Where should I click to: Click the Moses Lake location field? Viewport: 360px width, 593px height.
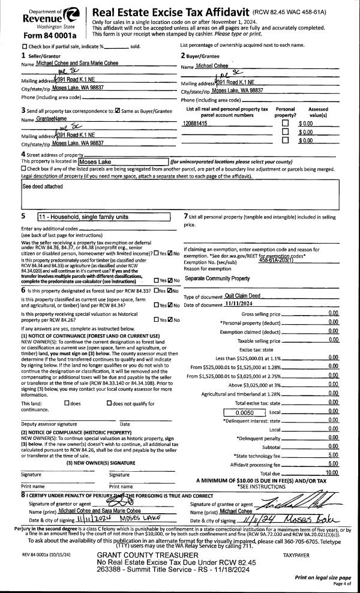click(x=123, y=162)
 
